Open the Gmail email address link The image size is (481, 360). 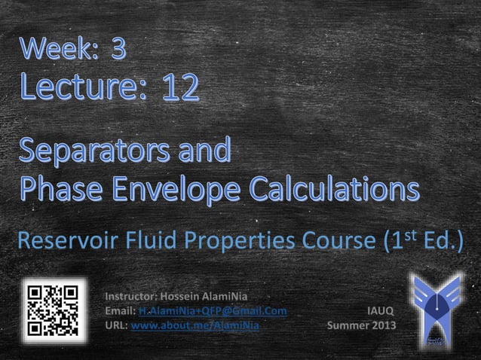point(212,311)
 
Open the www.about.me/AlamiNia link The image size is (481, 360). point(195,326)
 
